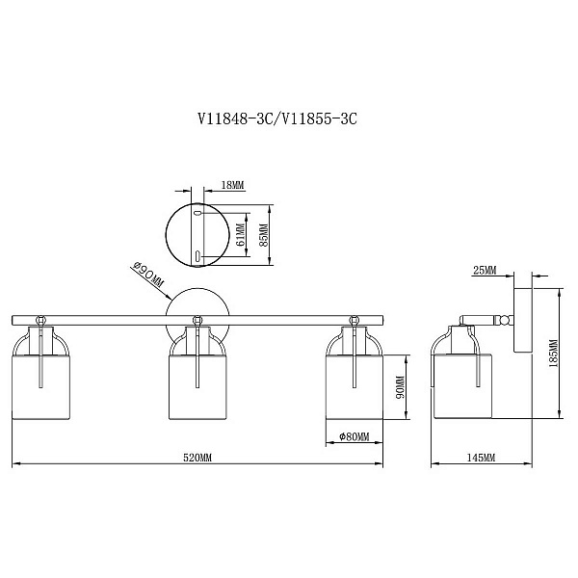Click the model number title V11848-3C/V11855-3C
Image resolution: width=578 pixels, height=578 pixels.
point(277,118)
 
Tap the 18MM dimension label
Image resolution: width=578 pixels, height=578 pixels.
point(232,185)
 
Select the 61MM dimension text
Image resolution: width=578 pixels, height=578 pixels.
point(240,235)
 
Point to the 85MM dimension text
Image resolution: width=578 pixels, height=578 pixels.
point(264,235)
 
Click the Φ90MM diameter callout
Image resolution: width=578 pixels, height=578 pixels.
point(147,275)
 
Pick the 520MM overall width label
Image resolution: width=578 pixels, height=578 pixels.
point(197,458)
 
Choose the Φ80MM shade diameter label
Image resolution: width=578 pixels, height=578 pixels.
point(354,436)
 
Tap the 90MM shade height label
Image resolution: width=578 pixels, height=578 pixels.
point(400,387)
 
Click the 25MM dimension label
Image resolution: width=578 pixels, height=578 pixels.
point(485,270)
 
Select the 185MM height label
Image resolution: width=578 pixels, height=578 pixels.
point(554,354)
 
